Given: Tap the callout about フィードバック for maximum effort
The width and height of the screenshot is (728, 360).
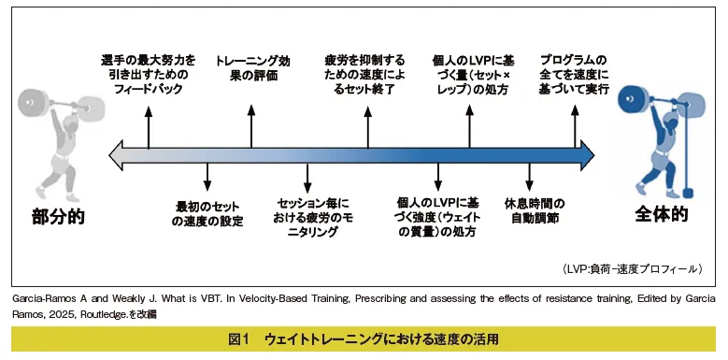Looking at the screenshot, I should tap(149, 75).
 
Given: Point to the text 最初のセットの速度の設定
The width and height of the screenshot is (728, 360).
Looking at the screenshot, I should tap(207, 212).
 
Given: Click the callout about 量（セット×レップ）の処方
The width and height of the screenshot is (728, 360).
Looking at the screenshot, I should tap(467, 75).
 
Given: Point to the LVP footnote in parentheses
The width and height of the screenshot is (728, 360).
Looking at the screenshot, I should tap(632, 268).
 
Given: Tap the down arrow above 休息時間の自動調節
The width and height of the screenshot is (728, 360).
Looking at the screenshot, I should tap(530, 177).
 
